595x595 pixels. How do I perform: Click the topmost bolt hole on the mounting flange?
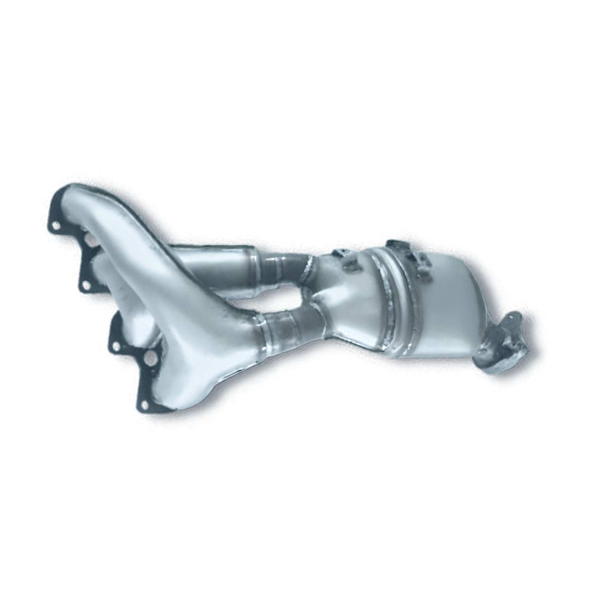[x=56, y=225]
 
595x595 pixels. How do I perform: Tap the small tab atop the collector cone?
[x=339, y=253]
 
